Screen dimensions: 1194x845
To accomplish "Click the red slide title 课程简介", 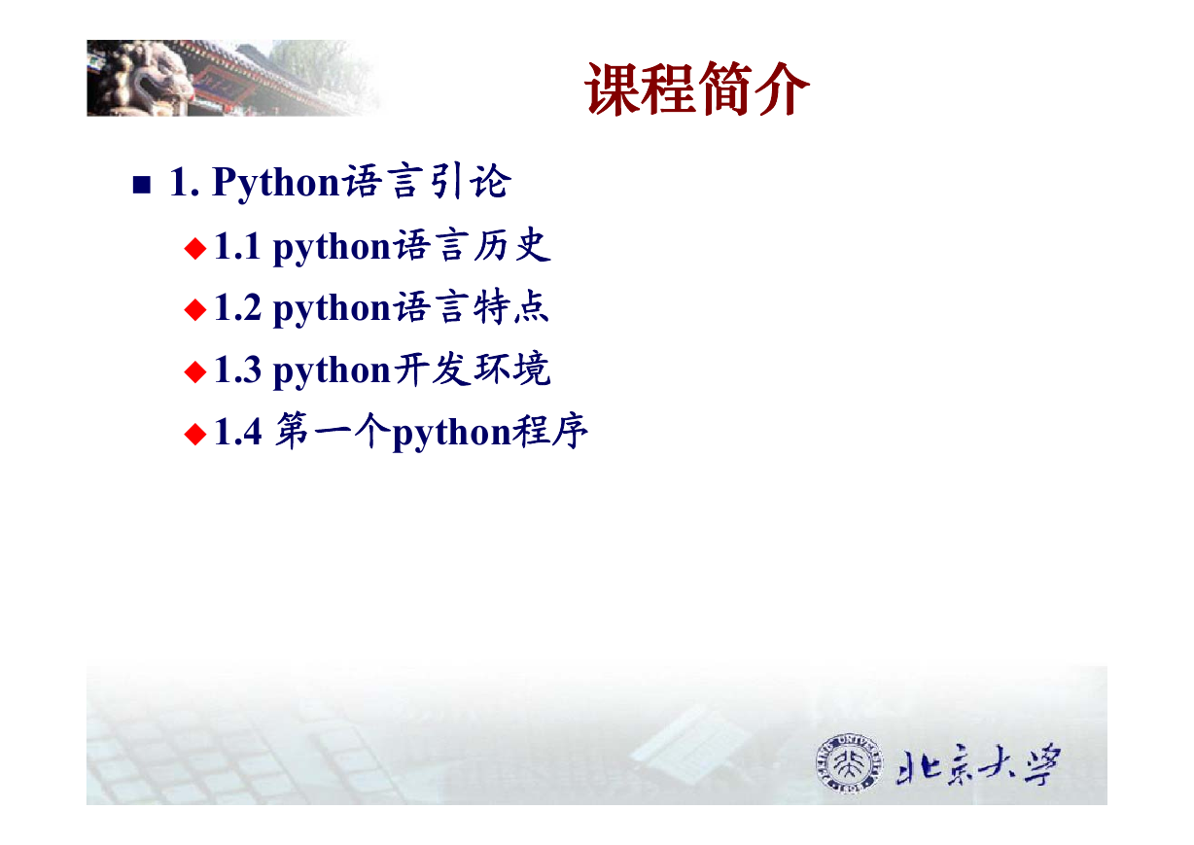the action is tap(697, 88).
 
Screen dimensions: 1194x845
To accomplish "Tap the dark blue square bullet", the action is tap(141, 185).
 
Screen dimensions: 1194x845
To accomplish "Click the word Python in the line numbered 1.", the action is tap(275, 183).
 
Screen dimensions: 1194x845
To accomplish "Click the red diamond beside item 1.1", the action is tap(195, 248).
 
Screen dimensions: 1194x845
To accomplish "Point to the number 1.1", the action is tap(237, 246).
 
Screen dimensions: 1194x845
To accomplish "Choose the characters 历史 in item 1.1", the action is tap(511, 246).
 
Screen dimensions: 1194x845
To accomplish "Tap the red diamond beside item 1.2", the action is tap(195, 310).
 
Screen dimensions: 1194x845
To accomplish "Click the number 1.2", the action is tap(238, 307).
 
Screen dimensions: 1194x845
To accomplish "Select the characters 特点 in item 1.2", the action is tap(511, 307).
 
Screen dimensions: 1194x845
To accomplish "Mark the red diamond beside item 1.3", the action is tap(195, 371).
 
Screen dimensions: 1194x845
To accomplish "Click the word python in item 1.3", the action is tap(333, 371).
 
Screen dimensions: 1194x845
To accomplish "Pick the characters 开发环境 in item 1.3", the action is tap(472, 369).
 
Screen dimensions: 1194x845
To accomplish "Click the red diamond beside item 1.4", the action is tap(195, 434).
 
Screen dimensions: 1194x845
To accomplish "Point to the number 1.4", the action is tap(238, 432).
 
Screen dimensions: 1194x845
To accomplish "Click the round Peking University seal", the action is tap(849, 763).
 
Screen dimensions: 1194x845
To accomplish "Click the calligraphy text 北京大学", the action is tap(978, 764).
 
